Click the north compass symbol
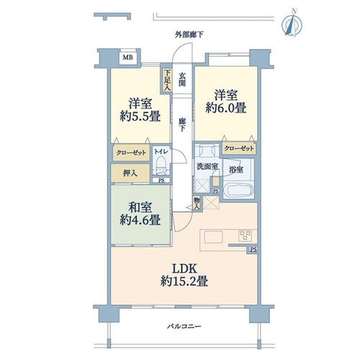pyautogui.click(x=292, y=23)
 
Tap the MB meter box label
pyautogui.click(x=127, y=58)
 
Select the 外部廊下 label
pyautogui.click(x=189, y=35)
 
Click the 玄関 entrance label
pyautogui.click(x=182, y=79)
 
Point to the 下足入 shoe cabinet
pyautogui.click(x=167, y=81)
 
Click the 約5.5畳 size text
pyautogui.click(x=140, y=117)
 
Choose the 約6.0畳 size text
pyautogui.click(x=226, y=108)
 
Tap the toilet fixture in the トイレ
pyautogui.click(x=160, y=166)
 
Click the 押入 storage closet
pyautogui.click(x=130, y=173)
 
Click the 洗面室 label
pyautogui.click(x=207, y=166)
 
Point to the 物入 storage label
pyautogui.click(x=197, y=203)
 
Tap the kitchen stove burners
pyautogui.click(x=245, y=235)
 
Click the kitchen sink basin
pyautogui.click(x=213, y=238)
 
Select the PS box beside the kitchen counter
pyautogui.click(x=253, y=250)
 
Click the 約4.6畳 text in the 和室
pyautogui.click(x=140, y=220)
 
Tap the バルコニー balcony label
pyautogui.click(x=184, y=326)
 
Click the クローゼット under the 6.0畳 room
pyautogui.click(x=239, y=148)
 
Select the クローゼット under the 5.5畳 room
pyautogui.click(x=131, y=153)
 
